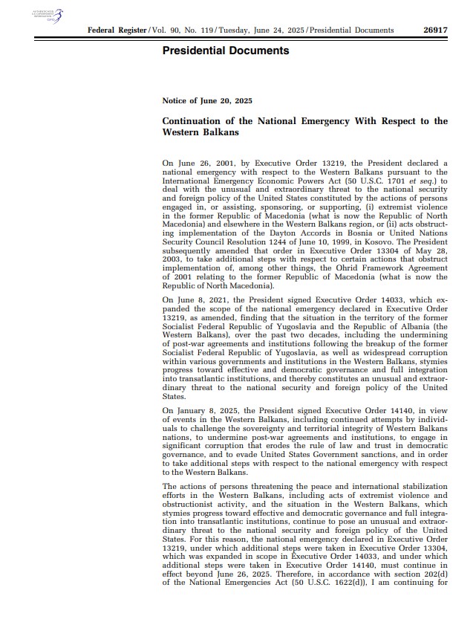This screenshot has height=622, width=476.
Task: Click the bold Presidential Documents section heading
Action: point(225,51)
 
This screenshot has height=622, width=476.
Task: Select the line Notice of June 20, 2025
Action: point(207,100)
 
